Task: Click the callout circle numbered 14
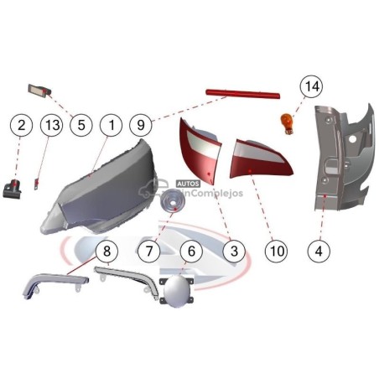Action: tap(311, 86)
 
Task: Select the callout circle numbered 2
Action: tap(21, 125)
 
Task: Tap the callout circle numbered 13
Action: tap(52, 125)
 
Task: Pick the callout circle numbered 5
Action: tap(81, 125)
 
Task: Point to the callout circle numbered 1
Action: tap(112, 125)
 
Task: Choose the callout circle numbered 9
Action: tap(141, 125)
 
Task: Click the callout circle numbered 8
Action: tap(106, 251)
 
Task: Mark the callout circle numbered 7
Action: tap(149, 251)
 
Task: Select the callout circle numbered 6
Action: tap(191, 251)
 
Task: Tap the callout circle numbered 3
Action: tap(234, 251)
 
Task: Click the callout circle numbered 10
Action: tap(277, 251)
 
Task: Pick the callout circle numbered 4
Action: tap(319, 251)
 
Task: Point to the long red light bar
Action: tap(242, 94)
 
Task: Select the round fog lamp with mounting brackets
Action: tap(177, 291)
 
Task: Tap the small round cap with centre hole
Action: tap(171, 200)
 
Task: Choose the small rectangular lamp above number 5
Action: tap(39, 91)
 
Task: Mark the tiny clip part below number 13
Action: tap(36, 184)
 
